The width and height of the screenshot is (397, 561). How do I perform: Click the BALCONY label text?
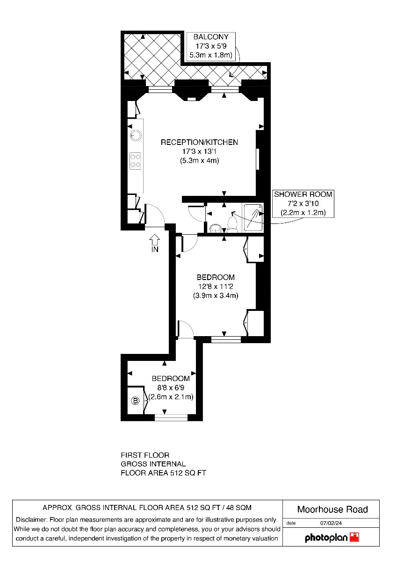click(x=211, y=37)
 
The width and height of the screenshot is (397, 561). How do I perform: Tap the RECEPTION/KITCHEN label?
click(x=199, y=142)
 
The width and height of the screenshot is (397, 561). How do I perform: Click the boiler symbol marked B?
click(x=135, y=401)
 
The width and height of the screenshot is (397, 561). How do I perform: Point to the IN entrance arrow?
click(x=154, y=240)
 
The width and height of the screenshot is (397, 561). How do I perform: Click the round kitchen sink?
click(x=136, y=136)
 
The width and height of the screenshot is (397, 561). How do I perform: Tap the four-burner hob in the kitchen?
click(x=135, y=161)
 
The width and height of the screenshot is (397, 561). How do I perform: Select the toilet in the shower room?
click(x=232, y=224)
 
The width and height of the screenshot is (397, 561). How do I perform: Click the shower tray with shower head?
click(x=253, y=217)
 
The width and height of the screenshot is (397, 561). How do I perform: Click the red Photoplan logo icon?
click(x=354, y=538)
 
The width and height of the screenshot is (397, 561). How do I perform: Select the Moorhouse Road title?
click(x=332, y=510)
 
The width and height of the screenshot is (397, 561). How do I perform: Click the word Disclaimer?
click(x=31, y=520)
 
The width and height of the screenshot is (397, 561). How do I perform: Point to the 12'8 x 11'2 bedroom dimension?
click(x=216, y=286)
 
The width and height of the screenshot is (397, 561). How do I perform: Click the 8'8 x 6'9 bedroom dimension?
click(x=171, y=388)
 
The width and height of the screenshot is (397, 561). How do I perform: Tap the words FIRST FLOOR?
click(x=145, y=455)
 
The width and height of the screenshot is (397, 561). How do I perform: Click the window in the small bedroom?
click(x=171, y=417)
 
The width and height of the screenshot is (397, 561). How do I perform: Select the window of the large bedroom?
click(x=226, y=339)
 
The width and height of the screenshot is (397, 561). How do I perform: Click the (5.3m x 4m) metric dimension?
click(x=199, y=160)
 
